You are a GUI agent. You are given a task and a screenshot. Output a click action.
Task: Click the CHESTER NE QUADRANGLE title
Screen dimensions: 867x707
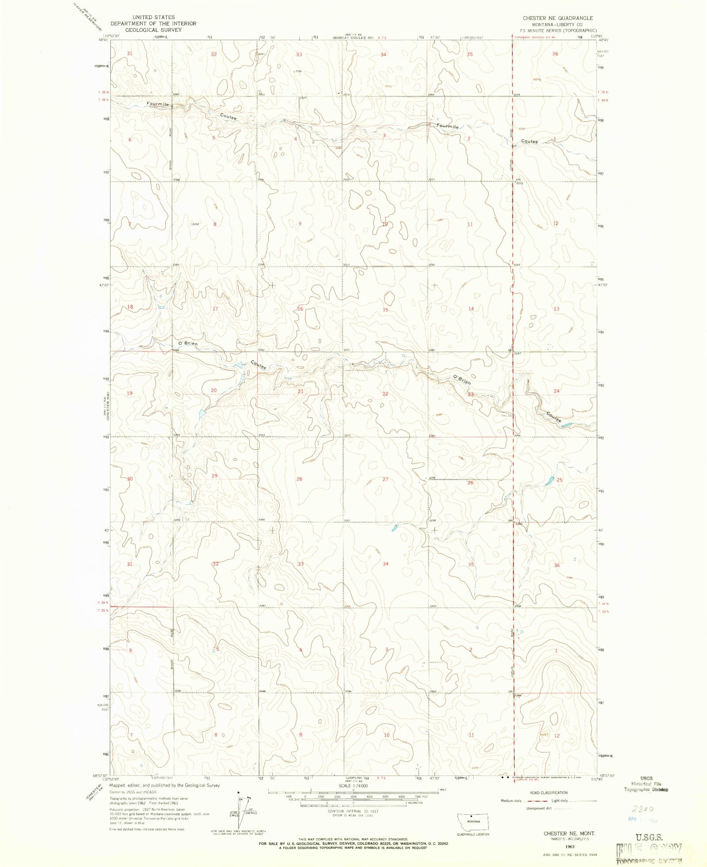tap(558, 18)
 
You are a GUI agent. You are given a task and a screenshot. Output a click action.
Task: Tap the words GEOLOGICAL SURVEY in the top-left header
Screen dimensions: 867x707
tap(153, 30)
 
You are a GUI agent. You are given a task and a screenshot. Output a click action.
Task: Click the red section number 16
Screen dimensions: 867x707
tap(300, 309)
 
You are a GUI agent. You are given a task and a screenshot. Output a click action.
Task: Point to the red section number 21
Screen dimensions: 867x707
tap(300, 391)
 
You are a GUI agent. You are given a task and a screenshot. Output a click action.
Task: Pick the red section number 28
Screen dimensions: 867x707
tap(299, 479)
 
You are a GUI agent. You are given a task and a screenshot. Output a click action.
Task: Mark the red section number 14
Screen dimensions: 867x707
tap(471, 309)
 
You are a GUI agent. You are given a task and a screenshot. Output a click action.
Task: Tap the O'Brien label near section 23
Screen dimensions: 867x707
tap(462, 380)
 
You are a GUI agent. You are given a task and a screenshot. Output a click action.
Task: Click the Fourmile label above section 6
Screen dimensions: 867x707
tap(158, 104)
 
